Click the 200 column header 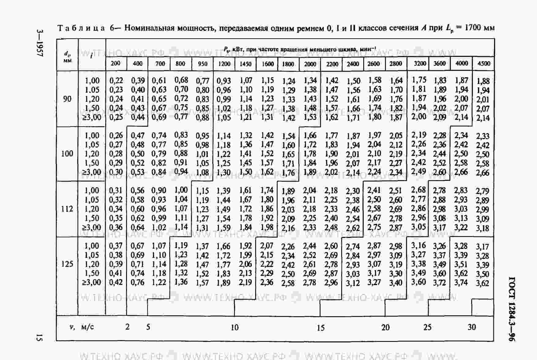115,64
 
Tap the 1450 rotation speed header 245,64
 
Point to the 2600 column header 374,64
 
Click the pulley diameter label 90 67,99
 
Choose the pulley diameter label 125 67,264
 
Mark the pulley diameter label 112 67,209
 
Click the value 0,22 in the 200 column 116,80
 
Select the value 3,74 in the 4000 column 461,282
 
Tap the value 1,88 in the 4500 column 483,81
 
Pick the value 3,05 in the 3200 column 418,227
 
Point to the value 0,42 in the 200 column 116,282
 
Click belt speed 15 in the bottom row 320,328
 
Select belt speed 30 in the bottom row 472,327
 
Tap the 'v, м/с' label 81,327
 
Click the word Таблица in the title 81,28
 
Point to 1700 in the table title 473,28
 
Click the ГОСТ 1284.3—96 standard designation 512,309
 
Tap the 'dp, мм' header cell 67,57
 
